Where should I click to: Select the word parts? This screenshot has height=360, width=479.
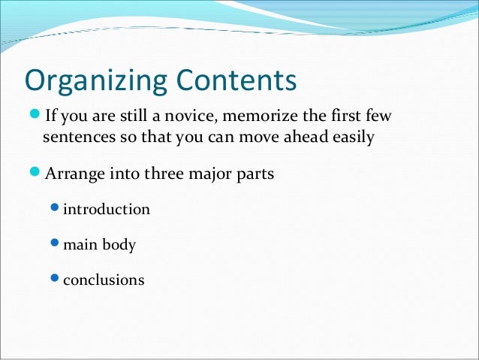[x=255, y=174]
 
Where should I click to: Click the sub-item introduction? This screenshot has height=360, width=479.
[x=106, y=209]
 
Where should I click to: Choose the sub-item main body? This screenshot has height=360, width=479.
[x=99, y=244]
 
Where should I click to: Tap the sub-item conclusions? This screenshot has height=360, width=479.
[x=104, y=280]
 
